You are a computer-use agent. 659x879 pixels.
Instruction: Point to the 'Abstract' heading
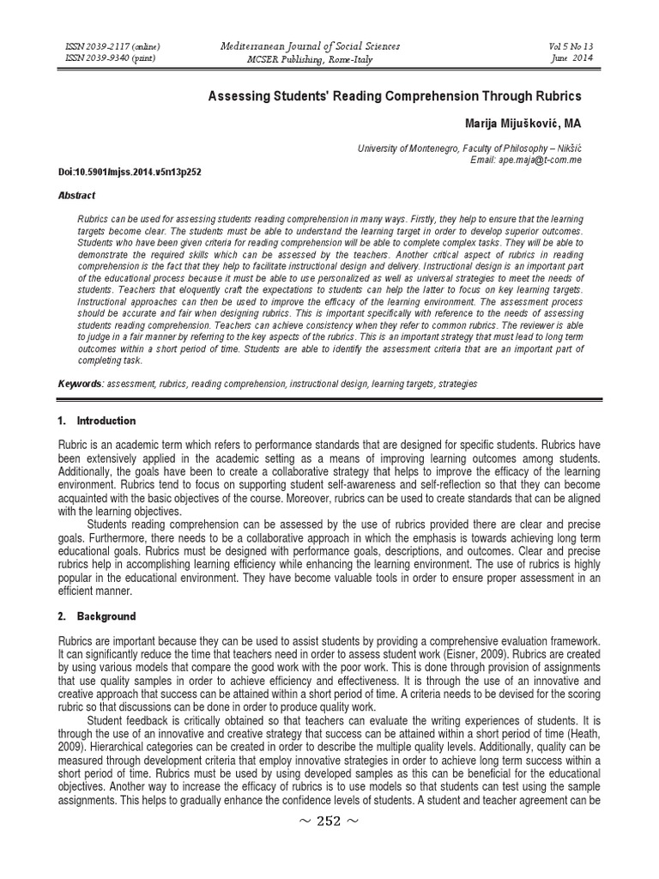tap(77, 196)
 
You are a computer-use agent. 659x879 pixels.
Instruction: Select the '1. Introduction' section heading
tap(96, 421)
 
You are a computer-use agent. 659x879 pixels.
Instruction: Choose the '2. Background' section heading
tap(95, 616)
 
